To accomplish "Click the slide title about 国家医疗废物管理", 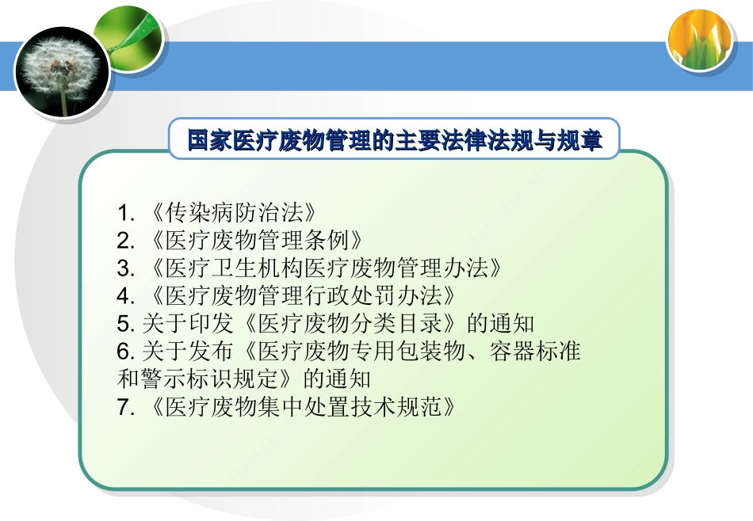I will coord(394,141).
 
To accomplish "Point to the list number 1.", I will coord(124,212).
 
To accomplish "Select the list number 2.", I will coord(124,240).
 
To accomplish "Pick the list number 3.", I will coord(124,268).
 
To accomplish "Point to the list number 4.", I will coord(124,295).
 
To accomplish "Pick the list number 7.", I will coord(124,407).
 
